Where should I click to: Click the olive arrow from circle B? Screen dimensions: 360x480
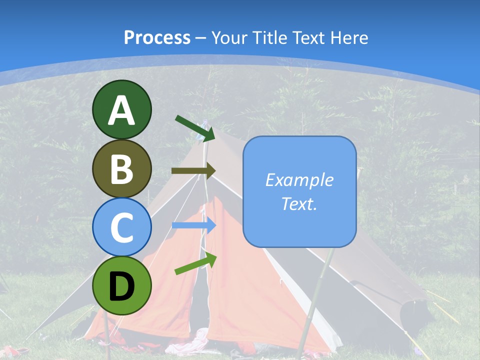tap(193, 170)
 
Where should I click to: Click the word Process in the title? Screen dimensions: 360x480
tap(157, 37)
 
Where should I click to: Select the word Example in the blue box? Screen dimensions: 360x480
tap(299, 180)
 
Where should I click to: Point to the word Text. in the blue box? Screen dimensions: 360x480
tap(299, 203)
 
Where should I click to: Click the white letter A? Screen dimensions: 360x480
tap(121, 110)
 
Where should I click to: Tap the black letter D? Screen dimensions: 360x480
tap(121, 287)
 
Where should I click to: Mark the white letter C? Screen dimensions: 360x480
tap(121, 228)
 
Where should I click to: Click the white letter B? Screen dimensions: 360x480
tap(121, 169)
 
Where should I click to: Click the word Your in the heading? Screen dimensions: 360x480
tap(228, 37)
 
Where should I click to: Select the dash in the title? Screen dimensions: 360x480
tap(200, 38)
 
